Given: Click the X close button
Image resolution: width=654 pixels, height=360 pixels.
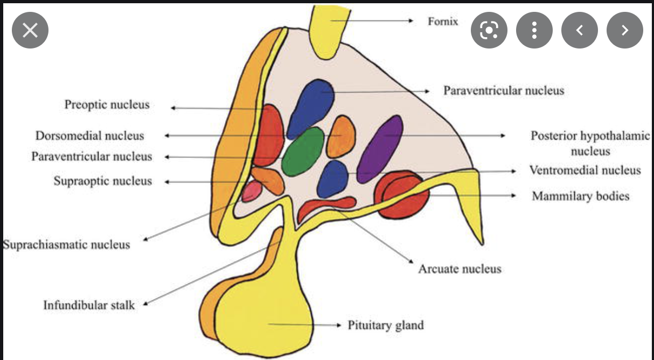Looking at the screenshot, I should [x=30, y=30].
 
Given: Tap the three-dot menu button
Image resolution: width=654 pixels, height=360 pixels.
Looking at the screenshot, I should [x=534, y=30].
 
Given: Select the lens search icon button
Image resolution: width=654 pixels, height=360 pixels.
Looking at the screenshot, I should [x=489, y=30].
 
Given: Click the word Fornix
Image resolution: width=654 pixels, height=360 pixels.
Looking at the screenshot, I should [x=443, y=22].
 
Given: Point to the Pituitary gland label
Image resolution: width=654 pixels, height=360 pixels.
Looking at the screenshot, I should [x=385, y=325].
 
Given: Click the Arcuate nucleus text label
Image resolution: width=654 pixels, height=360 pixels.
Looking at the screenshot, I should [x=460, y=268].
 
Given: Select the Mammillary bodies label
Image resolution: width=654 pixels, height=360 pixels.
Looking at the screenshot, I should [x=580, y=196].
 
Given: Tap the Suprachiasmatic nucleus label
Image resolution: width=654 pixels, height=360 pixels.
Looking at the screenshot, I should [x=66, y=245].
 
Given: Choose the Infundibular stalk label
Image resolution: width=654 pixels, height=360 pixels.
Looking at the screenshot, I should [x=89, y=305].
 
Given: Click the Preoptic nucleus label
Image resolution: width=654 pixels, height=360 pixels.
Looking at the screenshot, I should [x=107, y=104].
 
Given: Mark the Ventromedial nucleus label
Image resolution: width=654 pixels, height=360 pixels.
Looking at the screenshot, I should [x=585, y=170].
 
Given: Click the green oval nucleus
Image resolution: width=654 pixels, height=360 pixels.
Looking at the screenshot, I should [x=303, y=151].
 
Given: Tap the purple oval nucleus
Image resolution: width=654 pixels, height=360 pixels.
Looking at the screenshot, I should [x=380, y=149].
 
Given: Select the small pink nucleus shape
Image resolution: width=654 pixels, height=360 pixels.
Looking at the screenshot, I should [x=252, y=191].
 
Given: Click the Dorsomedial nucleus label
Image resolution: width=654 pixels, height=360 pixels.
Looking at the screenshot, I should [x=90, y=135].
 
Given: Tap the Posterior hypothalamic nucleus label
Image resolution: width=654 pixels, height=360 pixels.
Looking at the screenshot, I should [x=590, y=143].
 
